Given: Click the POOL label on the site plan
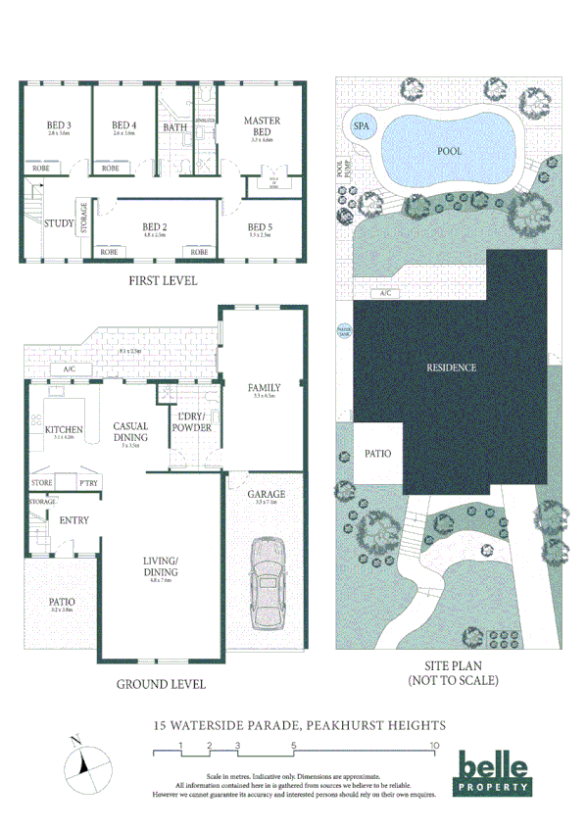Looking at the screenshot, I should [x=449, y=151].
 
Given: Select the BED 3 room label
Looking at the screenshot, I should [x=59, y=125].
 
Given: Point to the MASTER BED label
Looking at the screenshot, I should [x=262, y=125].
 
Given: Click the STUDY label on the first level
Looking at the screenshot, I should [x=60, y=223].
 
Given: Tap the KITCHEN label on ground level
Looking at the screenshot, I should [x=64, y=429].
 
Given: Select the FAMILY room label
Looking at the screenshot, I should [x=264, y=388].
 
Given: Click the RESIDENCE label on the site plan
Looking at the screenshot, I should [x=451, y=367].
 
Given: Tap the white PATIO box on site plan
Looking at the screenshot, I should [x=378, y=454].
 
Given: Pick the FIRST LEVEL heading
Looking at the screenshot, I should [x=163, y=281].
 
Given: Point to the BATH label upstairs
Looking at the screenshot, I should [x=176, y=127].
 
